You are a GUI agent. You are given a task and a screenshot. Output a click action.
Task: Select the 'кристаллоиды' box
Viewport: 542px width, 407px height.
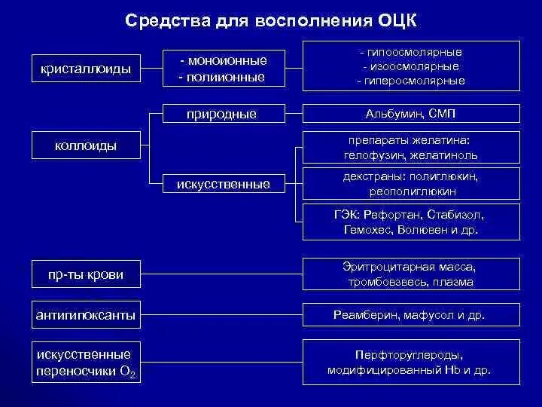coord(86,69)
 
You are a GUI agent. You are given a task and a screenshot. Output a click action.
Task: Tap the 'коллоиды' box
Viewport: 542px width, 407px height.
coord(86,145)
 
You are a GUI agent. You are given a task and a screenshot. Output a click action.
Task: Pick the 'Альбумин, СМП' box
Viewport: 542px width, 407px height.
coord(411,114)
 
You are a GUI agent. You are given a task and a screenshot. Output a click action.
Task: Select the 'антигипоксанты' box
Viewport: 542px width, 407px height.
coord(86,315)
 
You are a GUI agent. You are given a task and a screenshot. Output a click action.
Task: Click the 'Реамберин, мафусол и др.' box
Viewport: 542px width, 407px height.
coord(411,315)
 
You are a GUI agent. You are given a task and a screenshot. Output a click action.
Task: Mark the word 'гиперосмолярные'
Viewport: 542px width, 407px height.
coord(414,81)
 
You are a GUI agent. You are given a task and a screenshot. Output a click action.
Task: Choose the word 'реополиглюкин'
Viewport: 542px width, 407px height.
coord(411,191)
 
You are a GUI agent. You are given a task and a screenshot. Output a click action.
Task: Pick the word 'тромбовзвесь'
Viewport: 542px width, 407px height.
coord(382,282)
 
